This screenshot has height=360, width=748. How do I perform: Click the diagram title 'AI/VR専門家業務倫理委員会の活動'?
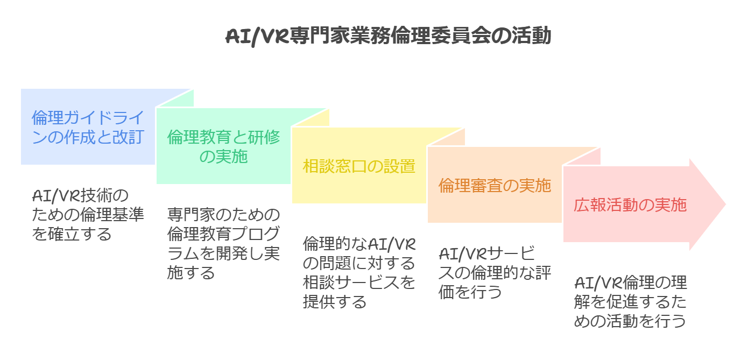pos(387,37)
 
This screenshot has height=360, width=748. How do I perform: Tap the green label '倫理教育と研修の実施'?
pos(224,147)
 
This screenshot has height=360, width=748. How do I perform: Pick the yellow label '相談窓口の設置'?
pos(359,166)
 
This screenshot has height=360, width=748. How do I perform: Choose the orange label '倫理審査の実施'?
pos(495,186)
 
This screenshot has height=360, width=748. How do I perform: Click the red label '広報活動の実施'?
pos(630,205)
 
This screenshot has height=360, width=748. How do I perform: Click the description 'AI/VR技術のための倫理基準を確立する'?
pos(88,214)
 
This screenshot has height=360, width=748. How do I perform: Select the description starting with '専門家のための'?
pos(224,243)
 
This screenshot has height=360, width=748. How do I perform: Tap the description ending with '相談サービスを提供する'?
pos(359,272)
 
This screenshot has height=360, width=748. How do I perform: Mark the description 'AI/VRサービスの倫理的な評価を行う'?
pos(495,272)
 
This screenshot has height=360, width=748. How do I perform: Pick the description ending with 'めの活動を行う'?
pos(630,301)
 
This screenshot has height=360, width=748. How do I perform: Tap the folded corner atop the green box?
pos(311,117)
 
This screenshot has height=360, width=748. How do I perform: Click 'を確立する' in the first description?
pos(72,234)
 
